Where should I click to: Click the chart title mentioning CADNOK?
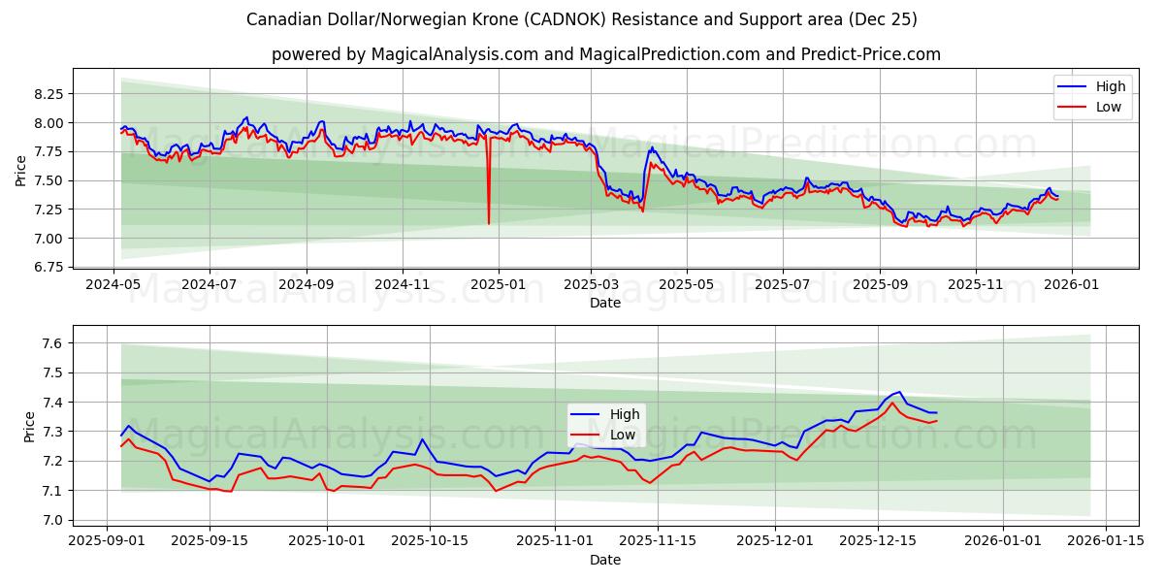click(x=582, y=19)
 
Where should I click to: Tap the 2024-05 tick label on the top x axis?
click(x=114, y=285)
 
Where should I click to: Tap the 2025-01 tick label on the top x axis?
click(x=498, y=285)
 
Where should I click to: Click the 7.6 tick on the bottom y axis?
click(x=54, y=343)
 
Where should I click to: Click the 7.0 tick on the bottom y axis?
click(x=54, y=521)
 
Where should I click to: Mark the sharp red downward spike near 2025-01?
click(x=488, y=222)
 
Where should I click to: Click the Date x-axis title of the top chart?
click(x=605, y=303)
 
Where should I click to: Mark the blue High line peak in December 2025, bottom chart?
click(x=899, y=392)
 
